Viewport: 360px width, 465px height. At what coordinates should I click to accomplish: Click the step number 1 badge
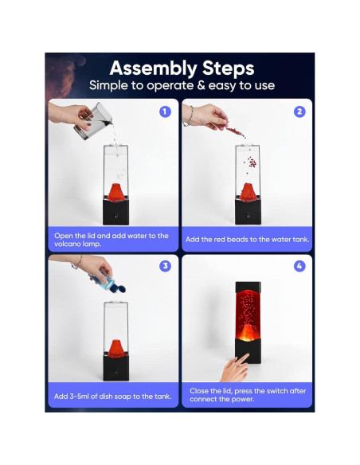tap(165, 111)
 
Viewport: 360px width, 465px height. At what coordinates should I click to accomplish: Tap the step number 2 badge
tap(299, 111)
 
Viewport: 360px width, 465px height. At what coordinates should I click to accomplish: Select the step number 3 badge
tap(165, 266)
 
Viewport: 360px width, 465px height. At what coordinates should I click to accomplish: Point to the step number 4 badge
tap(299, 266)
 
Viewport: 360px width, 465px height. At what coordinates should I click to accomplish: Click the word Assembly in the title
tap(153, 68)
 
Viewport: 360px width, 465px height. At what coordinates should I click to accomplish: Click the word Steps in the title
tap(229, 68)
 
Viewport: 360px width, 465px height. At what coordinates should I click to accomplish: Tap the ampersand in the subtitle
tap(201, 85)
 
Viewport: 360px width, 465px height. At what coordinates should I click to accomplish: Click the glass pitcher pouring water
tap(93, 121)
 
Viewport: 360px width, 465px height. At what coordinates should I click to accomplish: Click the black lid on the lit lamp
tap(248, 287)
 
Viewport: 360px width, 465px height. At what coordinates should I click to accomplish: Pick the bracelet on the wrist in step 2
tap(190, 116)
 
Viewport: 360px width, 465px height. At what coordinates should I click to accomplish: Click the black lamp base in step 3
tap(116, 367)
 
